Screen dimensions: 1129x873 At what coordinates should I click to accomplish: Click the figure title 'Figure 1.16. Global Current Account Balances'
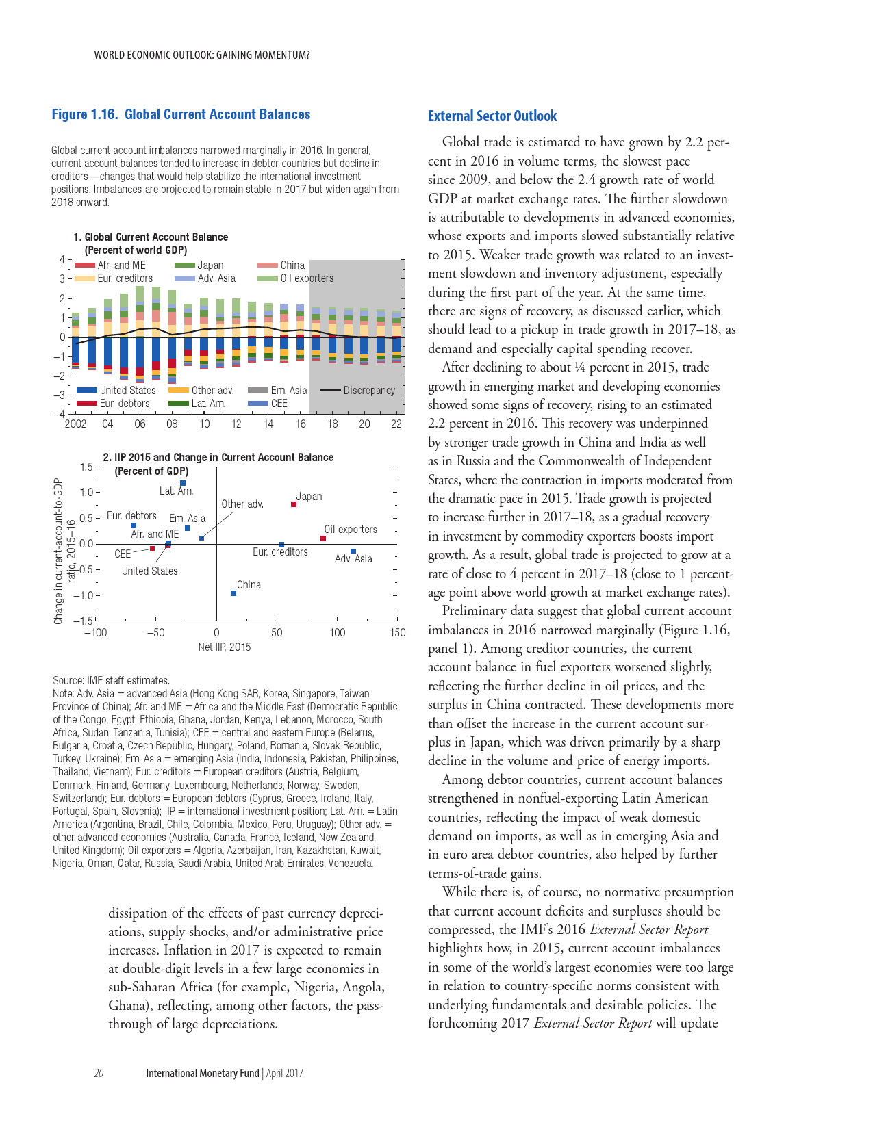coord(181,115)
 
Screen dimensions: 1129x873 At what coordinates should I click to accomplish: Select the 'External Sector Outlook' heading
coord(492,116)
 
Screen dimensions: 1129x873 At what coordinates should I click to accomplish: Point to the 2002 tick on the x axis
coord(75,424)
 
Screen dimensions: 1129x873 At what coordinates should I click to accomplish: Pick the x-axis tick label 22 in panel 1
coord(396,424)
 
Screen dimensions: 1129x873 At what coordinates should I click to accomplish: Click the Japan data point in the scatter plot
coord(294,504)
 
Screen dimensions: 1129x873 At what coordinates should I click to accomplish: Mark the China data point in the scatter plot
coord(233,593)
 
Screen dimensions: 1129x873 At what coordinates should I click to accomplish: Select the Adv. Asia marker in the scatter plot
coord(353,551)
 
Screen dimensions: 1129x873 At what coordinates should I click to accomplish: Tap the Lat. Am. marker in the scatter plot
coord(183,483)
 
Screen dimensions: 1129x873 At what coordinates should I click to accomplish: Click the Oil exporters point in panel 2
coord(323,538)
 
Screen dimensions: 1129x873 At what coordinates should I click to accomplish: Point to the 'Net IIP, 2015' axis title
coord(225,647)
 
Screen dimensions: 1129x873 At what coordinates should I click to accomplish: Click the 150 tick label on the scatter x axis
coord(397,633)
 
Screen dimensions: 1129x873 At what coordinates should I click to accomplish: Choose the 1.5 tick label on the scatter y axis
coord(87,467)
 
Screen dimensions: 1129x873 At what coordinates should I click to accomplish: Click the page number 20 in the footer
coord(99,1073)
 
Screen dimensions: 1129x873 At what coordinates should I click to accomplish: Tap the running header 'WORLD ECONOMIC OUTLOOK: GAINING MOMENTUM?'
coord(202,55)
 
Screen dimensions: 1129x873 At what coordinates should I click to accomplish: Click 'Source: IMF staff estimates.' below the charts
coord(111,680)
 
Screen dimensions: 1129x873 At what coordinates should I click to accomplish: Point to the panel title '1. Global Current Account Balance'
coord(151,237)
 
